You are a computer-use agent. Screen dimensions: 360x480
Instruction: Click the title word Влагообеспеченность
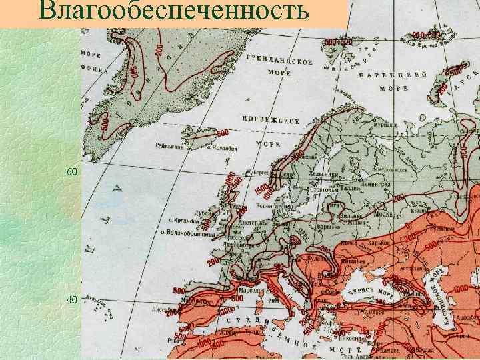tap(174, 12)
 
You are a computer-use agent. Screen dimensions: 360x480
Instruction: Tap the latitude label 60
tap(72, 172)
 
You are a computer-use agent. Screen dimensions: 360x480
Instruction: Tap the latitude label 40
tap(72, 299)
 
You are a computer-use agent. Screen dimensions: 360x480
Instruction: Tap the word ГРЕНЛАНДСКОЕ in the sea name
tap(280, 61)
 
